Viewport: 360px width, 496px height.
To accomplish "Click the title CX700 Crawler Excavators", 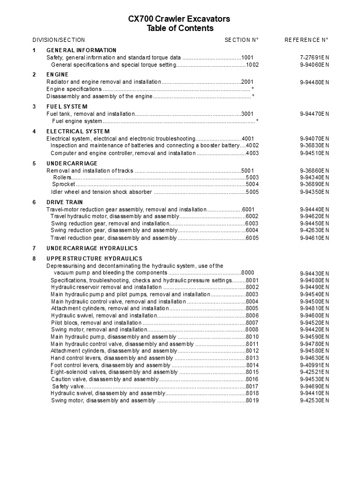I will coord(179,19).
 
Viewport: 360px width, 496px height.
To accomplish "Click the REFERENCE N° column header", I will coord(306,40).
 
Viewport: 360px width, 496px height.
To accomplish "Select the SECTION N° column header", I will coord(241,40).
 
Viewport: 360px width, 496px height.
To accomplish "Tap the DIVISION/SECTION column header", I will coord(59,40).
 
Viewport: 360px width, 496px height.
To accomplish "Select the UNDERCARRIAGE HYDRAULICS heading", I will coord(92,248).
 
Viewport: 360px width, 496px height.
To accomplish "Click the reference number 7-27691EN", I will coord(315,57).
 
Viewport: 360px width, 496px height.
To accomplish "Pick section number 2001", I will coord(247,82).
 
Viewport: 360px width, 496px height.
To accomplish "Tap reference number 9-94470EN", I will coord(315,114).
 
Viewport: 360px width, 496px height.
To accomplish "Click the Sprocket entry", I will coord(64,184).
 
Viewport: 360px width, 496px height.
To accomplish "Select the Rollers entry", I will coord(62,177).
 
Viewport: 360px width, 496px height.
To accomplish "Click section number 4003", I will coord(252,153).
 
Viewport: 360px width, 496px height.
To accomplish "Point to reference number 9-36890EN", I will coord(315,184).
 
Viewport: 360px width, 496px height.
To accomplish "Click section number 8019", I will coord(252,400).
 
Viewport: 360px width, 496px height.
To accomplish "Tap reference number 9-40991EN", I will coord(315,365).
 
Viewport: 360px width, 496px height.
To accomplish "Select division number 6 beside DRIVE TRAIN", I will coord(34,202).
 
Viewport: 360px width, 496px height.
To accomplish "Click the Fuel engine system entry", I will coord(77,121).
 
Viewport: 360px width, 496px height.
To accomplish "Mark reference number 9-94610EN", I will coord(315,238).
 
